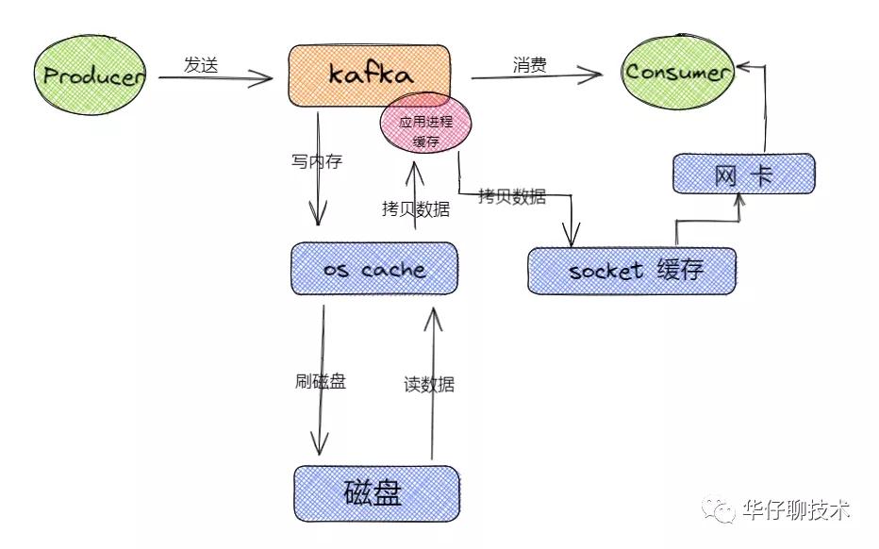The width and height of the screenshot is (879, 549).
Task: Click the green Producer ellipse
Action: tap(91, 75)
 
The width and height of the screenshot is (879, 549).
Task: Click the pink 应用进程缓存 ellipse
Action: tap(425, 124)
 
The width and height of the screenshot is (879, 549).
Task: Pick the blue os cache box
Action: tap(374, 269)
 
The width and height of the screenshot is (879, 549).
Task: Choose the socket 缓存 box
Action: tap(632, 271)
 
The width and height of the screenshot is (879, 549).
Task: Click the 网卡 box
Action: tap(744, 174)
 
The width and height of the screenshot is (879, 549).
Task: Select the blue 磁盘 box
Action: tap(376, 493)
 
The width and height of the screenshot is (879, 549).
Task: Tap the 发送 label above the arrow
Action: tap(201, 64)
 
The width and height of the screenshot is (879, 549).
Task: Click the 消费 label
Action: tap(530, 64)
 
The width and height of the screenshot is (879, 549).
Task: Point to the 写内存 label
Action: tap(317, 161)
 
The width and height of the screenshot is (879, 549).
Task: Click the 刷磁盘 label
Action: tap(321, 381)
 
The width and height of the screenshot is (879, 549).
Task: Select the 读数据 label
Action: tap(429, 384)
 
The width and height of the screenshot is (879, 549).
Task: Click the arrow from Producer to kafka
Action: tap(215, 77)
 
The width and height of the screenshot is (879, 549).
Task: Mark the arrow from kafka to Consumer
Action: tap(537, 75)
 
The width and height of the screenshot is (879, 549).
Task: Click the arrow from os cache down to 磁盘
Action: tap(320, 379)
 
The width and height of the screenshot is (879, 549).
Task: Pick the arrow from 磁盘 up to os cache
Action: tap(433, 383)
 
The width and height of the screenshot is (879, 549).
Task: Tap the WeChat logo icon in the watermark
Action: tap(720, 509)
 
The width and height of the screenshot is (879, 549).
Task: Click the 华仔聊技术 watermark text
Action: tap(797, 509)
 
